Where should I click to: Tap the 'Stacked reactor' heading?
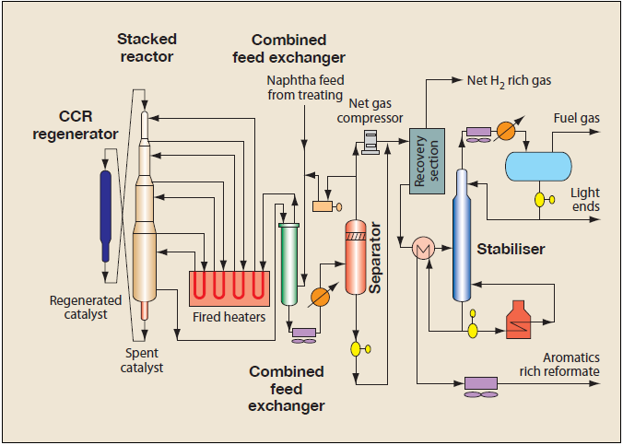[x=147, y=48]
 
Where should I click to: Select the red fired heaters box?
[x=229, y=288]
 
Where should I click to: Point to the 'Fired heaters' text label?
[x=229, y=318]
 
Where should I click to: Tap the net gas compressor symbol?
[x=370, y=141]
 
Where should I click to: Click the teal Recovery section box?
[x=427, y=160]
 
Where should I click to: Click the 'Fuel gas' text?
[x=576, y=118]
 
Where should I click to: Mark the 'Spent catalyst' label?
[x=145, y=360]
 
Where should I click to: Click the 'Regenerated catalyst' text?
[x=86, y=307]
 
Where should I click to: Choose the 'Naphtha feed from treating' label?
[x=305, y=88]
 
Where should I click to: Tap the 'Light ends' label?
[x=584, y=200]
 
